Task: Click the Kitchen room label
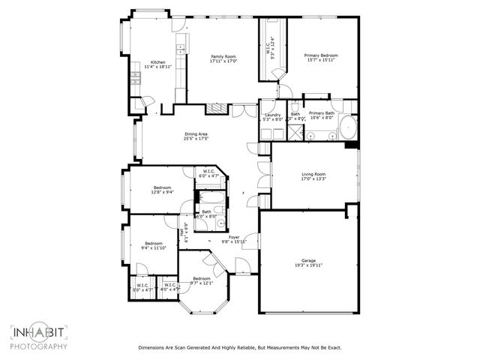click(x=157, y=62)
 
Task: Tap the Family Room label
click(x=223, y=57)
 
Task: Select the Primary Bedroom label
click(x=321, y=55)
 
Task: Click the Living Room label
click(x=313, y=174)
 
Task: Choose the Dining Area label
click(x=196, y=134)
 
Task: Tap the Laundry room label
click(x=272, y=114)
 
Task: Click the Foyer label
click(x=235, y=237)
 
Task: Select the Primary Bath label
click(x=321, y=113)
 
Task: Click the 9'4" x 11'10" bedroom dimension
click(x=154, y=247)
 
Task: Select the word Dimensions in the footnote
click(x=154, y=348)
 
